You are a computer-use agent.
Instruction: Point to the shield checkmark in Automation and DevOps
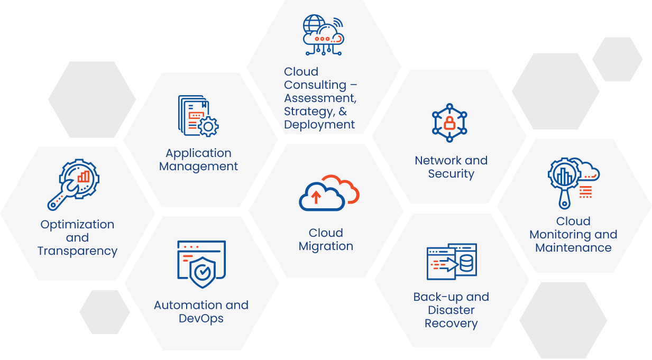coord(201,272)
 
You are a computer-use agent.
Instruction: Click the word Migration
coord(326,246)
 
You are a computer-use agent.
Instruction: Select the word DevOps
coord(201,318)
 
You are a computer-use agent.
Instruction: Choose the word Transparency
coord(77,251)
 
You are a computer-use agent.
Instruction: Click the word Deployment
coord(319,125)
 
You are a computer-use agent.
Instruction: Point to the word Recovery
coord(451,324)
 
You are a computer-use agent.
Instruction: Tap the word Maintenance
coord(573,248)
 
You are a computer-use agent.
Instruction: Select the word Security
coord(451,174)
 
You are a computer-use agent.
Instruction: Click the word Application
coord(198,153)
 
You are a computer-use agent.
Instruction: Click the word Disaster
coord(451,310)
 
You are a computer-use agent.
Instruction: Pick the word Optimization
coord(77,225)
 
